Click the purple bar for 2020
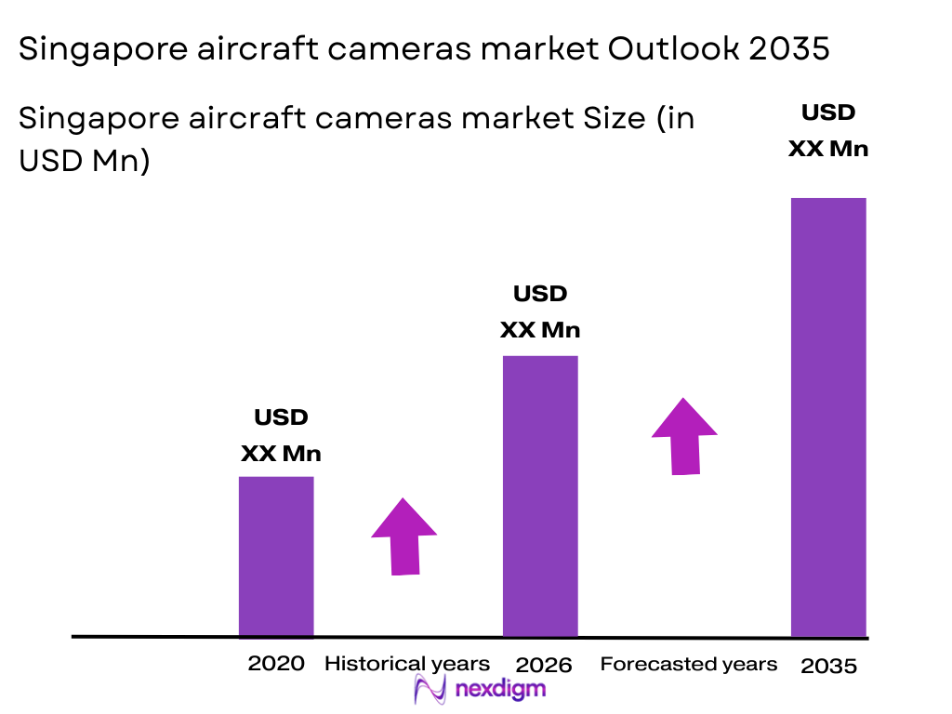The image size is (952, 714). pyautogui.click(x=276, y=556)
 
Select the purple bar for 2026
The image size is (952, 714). pyautogui.click(x=540, y=496)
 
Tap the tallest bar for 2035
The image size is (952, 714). pyautogui.click(x=828, y=416)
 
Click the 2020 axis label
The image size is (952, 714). pyautogui.click(x=276, y=664)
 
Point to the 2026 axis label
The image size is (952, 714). pyautogui.click(x=544, y=665)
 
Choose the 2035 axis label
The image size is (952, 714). pyautogui.click(x=828, y=666)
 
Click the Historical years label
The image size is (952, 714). pyautogui.click(x=406, y=664)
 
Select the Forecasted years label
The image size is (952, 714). pyautogui.click(x=688, y=664)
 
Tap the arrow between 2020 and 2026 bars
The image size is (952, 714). pyautogui.click(x=403, y=536)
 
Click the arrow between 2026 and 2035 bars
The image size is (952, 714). pyautogui.click(x=684, y=436)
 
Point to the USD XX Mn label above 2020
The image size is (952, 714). pyautogui.click(x=281, y=436)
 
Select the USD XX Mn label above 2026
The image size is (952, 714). pyautogui.click(x=540, y=312)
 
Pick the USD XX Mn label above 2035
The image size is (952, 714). pyautogui.click(x=828, y=130)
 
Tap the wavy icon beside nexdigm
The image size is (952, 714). pyautogui.click(x=431, y=690)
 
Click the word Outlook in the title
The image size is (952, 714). pyautogui.click(x=671, y=49)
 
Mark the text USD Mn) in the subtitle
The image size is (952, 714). pyautogui.click(x=85, y=160)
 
